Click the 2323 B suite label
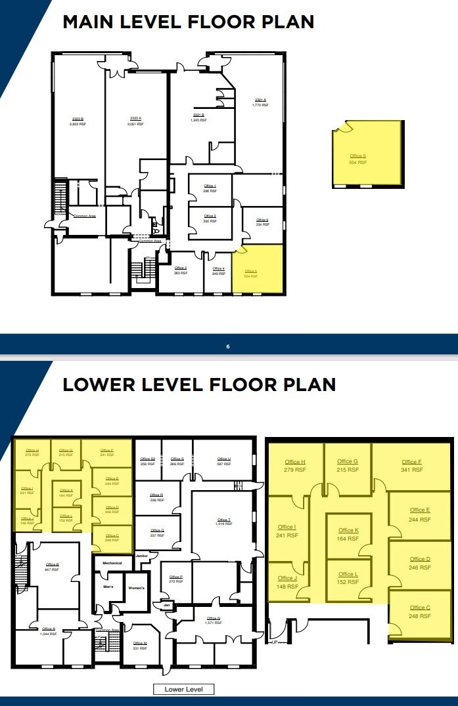pos(78,119)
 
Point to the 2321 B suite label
pos(198,115)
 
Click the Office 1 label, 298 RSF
pos(210,186)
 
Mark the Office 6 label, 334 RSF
pos(262,221)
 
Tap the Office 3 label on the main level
pos(181,268)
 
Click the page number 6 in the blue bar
pos(228,346)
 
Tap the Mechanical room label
pos(112,563)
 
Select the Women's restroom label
pos(137,587)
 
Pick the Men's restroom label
pos(109,586)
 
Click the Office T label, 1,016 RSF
pos(223,521)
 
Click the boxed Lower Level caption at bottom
pos(183,689)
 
